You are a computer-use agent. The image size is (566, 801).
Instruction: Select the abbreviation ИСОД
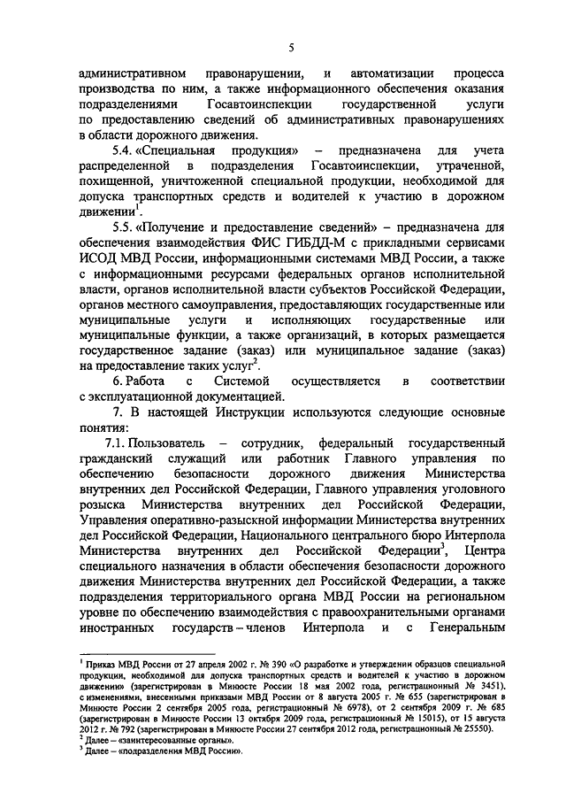coord(99,258)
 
